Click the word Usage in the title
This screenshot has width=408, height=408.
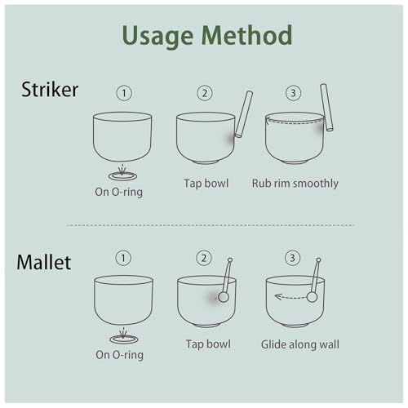157,37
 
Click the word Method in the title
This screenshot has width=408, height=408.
247,35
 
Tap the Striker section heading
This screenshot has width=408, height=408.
50,89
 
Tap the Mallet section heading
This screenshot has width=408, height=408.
44,262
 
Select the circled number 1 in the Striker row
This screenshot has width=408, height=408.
124,93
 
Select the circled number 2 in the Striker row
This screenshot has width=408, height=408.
205,93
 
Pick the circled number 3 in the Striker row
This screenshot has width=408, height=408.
293,93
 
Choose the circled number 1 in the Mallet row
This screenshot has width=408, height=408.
123,258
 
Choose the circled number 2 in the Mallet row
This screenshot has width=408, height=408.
204,258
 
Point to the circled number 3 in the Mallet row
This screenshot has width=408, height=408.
292,258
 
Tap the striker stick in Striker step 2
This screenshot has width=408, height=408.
244,114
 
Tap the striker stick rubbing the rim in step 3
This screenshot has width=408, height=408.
326,107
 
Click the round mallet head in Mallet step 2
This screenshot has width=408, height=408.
224,297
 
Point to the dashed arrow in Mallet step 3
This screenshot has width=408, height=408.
290,297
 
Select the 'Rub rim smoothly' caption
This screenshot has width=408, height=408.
295,184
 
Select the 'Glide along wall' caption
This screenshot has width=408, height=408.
300,344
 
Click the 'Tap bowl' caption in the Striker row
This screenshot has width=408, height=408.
206,183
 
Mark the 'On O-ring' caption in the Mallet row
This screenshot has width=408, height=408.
119,355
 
